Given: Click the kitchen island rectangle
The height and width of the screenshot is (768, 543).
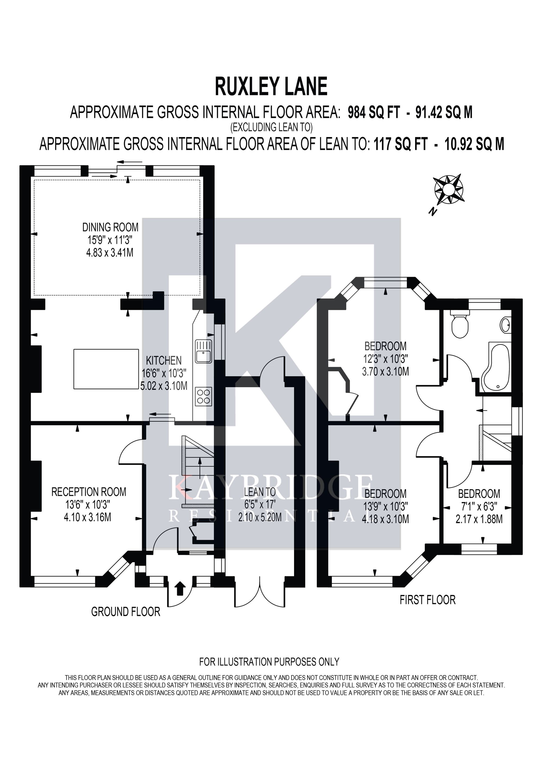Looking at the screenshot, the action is [106, 369].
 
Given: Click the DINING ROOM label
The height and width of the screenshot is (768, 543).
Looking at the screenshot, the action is [110, 228].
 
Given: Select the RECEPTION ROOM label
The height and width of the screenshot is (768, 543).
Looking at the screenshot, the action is [89, 492].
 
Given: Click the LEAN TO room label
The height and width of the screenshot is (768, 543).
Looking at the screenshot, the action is [260, 492].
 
